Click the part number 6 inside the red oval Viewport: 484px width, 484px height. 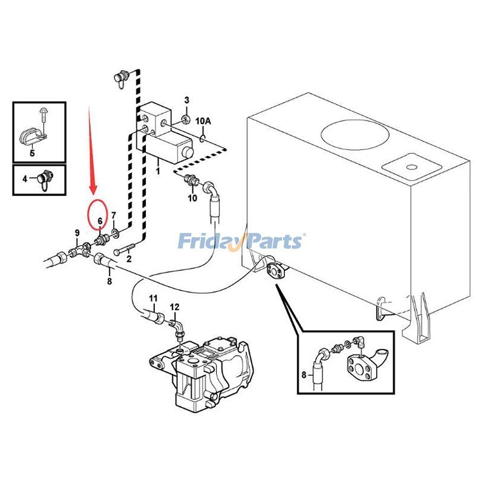(x=99, y=222)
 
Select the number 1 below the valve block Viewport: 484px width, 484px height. (x=159, y=171)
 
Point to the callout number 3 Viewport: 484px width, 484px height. (x=187, y=100)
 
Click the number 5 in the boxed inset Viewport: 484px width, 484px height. (x=32, y=152)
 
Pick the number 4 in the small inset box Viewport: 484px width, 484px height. (x=25, y=178)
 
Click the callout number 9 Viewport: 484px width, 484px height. (x=77, y=233)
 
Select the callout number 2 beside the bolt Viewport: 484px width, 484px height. (x=128, y=258)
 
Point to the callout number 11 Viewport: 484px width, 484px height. (x=153, y=298)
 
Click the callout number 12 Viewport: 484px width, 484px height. (x=174, y=307)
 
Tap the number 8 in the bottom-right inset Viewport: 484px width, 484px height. (x=304, y=374)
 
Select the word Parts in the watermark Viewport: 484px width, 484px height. (x=273, y=242)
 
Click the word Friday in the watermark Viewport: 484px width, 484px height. (x=208, y=242)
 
